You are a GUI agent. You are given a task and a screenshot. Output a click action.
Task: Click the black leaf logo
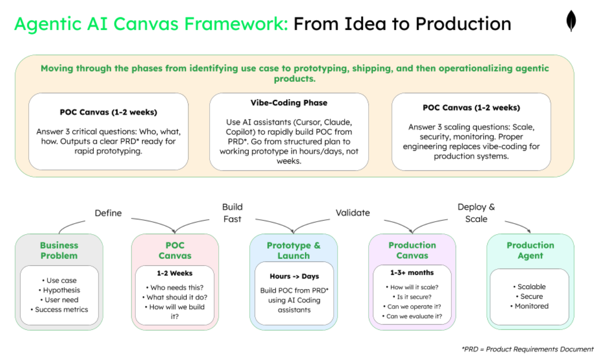[571, 21]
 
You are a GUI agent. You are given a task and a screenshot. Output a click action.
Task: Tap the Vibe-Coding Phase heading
[289, 103]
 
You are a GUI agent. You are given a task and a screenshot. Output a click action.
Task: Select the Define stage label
[108, 213]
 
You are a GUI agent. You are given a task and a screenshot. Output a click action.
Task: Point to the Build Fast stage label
[232, 213]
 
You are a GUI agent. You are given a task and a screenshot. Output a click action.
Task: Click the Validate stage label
[353, 213]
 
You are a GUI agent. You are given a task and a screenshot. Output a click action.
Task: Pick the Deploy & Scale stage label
[476, 213]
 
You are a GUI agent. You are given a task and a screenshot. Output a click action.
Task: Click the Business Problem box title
[59, 250]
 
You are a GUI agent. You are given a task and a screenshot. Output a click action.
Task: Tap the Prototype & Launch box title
[293, 250]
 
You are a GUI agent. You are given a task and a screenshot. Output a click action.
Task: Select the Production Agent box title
[530, 250]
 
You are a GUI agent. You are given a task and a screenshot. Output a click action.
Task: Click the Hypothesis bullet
[59, 290]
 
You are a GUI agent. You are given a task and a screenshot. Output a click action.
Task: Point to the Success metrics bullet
[59, 310]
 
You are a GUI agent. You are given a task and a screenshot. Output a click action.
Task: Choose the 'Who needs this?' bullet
[175, 288]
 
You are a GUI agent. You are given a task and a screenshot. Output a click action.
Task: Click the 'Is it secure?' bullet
[412, 297]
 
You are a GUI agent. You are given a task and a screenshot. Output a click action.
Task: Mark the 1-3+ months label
[412, 273]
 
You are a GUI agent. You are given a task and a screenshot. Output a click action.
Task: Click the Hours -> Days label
[293, 276]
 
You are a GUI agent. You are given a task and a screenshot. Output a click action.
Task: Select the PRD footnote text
[527, 349]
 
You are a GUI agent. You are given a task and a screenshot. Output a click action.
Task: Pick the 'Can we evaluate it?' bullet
[412, 316]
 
